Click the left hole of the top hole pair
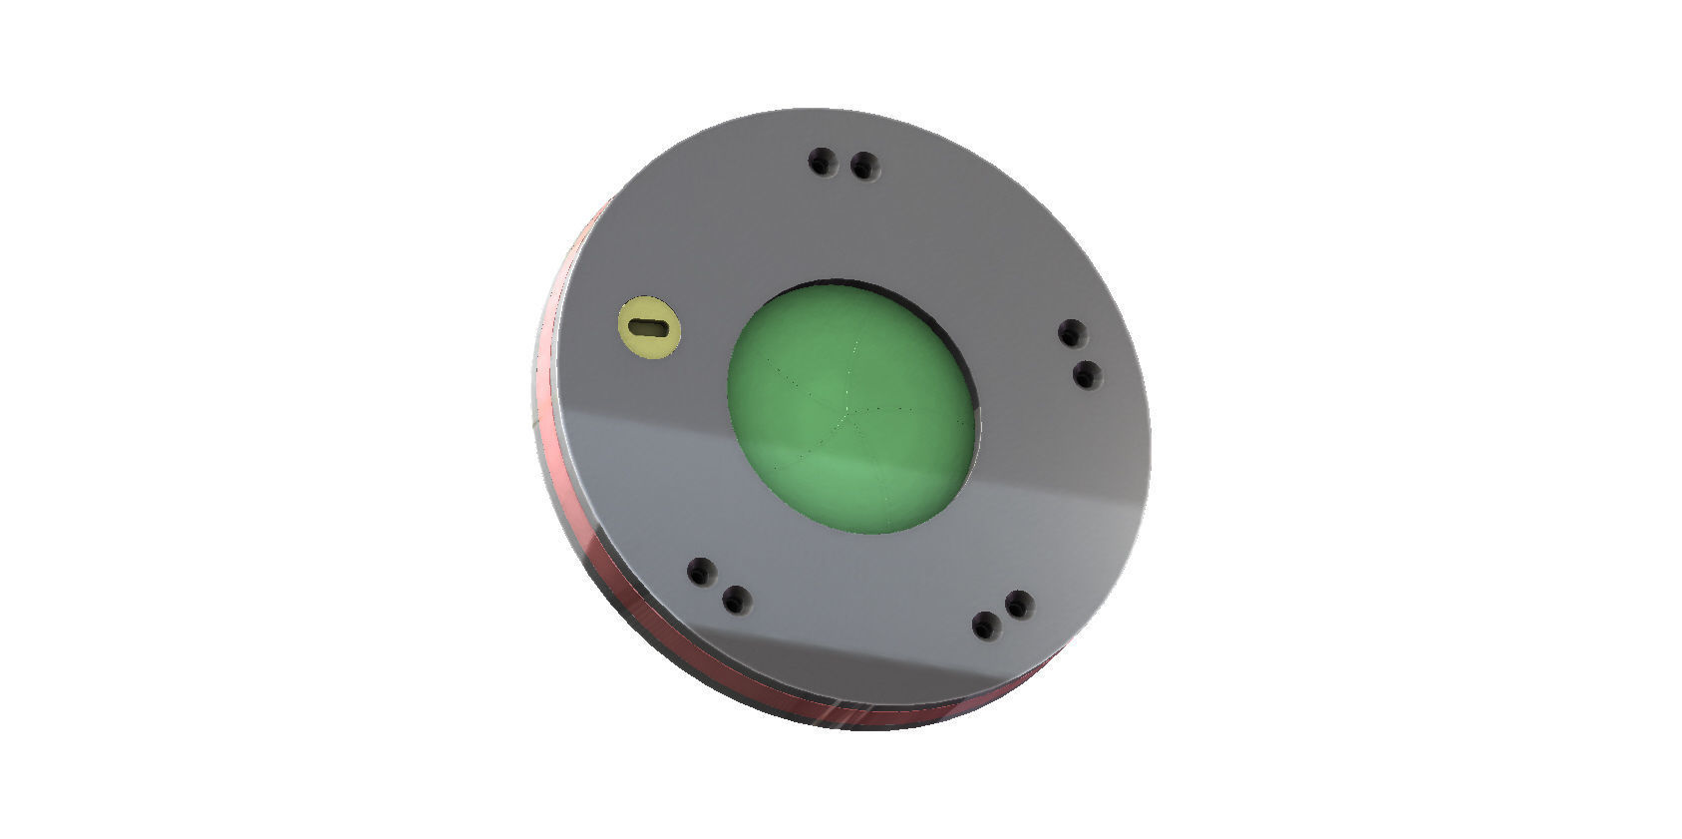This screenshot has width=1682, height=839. tap(822, 160)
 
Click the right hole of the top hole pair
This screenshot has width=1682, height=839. tap(864, 166)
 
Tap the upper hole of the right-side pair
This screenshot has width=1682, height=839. tap(1071, 333)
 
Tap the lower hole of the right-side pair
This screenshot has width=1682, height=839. tap(1086, 376)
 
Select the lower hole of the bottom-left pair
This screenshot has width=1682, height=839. tap(735, 601)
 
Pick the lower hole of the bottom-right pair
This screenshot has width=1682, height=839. tap(986, 627)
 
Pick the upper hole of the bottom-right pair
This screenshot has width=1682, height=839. tap(1018, 605)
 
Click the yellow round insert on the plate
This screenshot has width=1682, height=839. tap(650, 325)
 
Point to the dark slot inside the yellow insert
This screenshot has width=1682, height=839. tap(650, 324)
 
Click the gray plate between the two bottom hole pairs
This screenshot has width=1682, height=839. tap(857, 619)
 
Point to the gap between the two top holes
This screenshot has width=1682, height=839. tap(843, 163)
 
